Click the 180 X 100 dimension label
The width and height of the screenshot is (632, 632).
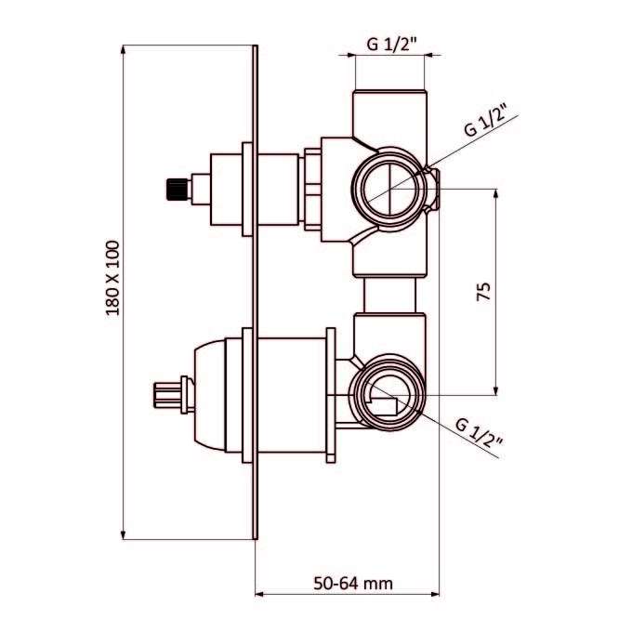112,278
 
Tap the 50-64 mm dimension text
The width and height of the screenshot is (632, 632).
353,584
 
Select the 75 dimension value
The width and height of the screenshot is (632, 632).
483,292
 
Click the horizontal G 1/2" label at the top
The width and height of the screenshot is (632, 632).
390,44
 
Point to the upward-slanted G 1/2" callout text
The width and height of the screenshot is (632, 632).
487,120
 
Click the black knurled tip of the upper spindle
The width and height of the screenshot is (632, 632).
177,189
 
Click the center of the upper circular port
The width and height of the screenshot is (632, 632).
389,189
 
